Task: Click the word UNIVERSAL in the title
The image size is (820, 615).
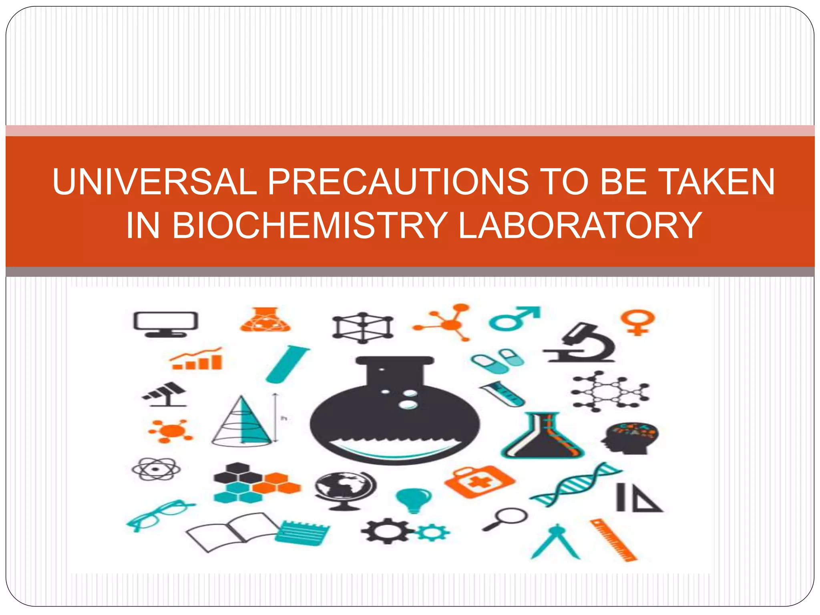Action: [x=155, y=182]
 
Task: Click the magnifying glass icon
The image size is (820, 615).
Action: [x=505, y=518]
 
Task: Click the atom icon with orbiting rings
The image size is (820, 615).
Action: [x=156, y=469]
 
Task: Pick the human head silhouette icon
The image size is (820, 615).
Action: [x=629, y=438]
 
